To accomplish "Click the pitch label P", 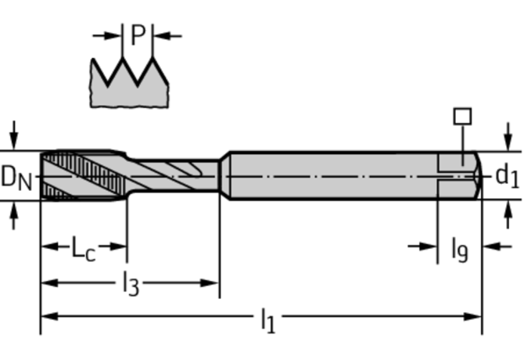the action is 138,34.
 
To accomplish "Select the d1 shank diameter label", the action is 508,175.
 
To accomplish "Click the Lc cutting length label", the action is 84,248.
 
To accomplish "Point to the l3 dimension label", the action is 131,283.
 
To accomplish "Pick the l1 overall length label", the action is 267,320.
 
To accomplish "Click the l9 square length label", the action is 460,249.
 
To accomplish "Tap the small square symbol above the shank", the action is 462,116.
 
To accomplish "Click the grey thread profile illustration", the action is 129,82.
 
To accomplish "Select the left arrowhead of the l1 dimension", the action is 48,316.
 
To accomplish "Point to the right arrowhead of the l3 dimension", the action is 209,283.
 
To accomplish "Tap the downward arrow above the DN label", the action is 14,135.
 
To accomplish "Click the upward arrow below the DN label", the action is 14,215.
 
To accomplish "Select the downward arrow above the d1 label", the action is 508,137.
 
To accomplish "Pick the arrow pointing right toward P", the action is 107,35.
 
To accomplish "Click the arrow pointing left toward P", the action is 167,35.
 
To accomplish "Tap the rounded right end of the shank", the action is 479,176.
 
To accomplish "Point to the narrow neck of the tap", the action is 174,176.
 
